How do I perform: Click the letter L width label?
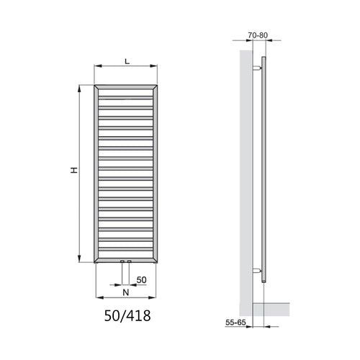pyautogui.click(x=127, y=60)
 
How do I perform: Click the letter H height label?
pyautogui.click(x=73, y=171)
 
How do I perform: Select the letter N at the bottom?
pyautogui.click(x=125, y=292)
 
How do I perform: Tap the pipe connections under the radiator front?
pyautogui.click(x=125, y=263)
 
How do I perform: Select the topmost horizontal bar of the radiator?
pyautogui.click(x=125, y=92)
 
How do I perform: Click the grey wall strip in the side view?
pyautogui.click(x=246, y=173)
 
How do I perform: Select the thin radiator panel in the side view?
pyautogui.click(x=265, y=173)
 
